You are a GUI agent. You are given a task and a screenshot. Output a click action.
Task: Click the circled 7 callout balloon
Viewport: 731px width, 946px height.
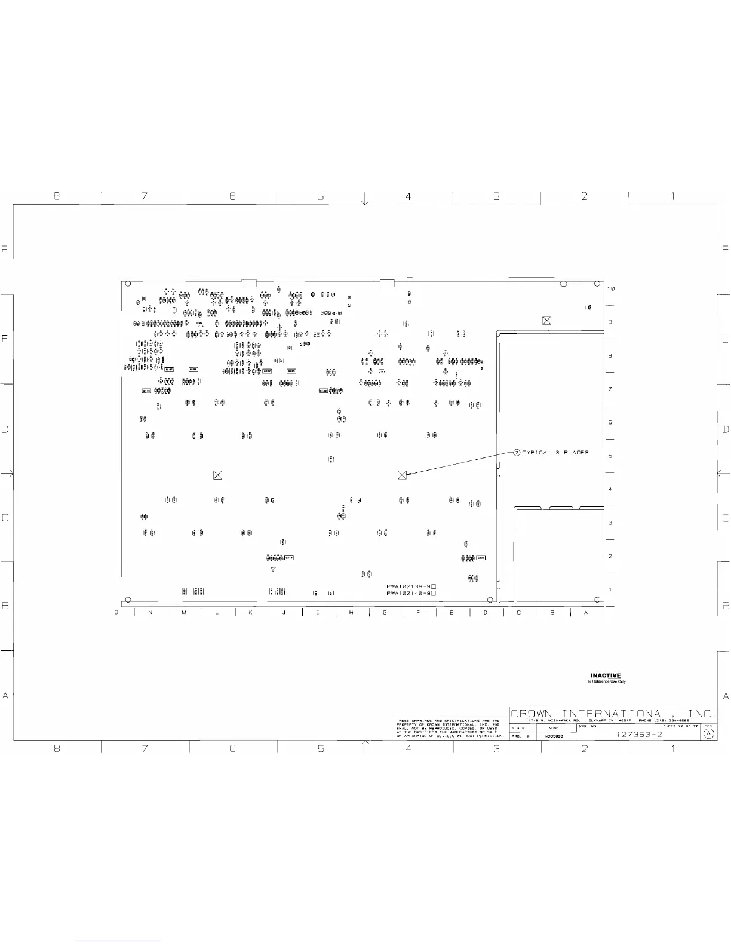[517, 453]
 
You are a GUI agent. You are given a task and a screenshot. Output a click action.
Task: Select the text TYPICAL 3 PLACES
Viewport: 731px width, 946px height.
[555, 453]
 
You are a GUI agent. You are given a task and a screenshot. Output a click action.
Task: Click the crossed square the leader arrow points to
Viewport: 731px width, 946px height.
[402, 475]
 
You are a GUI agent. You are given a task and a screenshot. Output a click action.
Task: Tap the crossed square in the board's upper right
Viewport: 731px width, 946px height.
[546, 321]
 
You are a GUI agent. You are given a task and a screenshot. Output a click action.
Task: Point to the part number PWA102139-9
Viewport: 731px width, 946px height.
[408, 586]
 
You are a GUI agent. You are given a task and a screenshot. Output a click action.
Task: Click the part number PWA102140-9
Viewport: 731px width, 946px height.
[408, 593]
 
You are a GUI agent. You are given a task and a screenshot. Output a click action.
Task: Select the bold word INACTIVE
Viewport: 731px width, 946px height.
[606, 676]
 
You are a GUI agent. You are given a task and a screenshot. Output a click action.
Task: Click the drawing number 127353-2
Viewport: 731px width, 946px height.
[639, 735]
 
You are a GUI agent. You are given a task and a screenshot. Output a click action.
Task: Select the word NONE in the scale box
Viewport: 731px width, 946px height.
[554, 728]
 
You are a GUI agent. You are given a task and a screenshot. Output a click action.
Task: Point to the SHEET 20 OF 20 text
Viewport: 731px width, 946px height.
[680, 726]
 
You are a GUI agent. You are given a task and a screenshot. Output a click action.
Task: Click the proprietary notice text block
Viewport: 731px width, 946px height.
[447, 729]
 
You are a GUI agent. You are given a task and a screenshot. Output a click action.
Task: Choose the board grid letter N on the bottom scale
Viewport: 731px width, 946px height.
[150, 612]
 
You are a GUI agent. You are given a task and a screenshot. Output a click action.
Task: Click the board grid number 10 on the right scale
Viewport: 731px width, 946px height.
[610, 288]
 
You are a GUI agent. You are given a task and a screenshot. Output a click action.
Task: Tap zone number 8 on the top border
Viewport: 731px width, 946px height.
[57, 196]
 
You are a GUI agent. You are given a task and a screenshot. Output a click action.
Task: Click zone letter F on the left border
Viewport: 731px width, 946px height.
[5, 250]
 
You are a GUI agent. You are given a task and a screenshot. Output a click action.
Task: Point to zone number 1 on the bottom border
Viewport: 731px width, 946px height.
[673, 748]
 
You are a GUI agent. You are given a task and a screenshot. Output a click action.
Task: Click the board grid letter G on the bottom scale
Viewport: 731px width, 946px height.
[385, 612]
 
